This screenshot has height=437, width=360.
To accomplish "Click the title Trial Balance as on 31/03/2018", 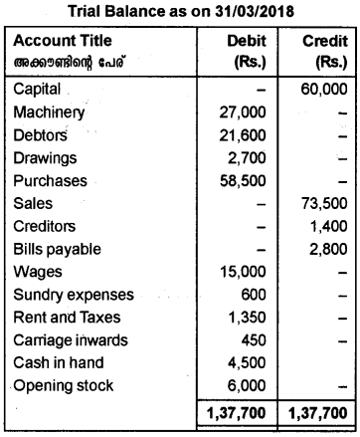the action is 179,11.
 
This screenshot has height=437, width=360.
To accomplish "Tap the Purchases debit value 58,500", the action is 249,181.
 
